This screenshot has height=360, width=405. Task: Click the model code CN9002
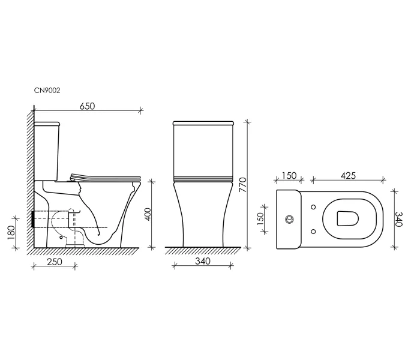(x=47, y=91)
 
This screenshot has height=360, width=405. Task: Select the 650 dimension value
(x=88, y=106)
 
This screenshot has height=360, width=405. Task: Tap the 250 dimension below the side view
(x=55, y=262)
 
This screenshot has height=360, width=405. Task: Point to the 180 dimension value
(x=11, y=232)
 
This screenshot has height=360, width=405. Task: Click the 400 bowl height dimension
(x=148, y=214)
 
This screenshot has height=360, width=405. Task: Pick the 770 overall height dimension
(x=243, y=184)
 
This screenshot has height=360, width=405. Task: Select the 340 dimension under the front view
(x=203, y=262)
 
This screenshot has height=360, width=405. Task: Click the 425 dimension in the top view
(x=348, y=176)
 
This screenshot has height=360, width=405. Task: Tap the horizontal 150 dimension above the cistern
(x=289, y=176)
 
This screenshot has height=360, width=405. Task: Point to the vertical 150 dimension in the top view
(x=260, y=219)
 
